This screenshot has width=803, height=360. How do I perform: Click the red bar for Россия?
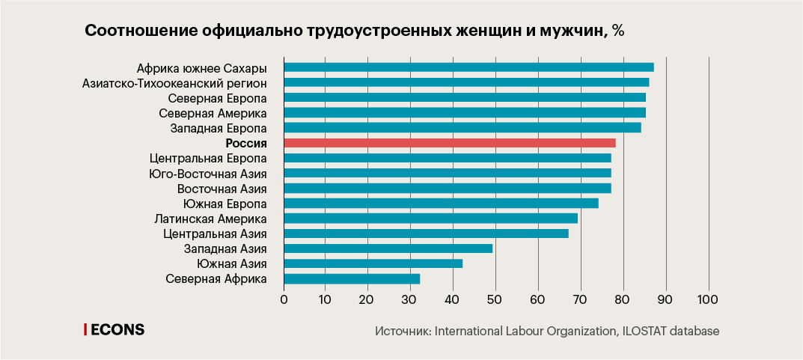(450, 143)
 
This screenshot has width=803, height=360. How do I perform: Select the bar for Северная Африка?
(352, 278)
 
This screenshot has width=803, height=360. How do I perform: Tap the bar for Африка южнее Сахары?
(469, 67)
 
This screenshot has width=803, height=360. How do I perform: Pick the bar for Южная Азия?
(373, 263)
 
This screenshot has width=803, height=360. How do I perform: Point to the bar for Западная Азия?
(388, 248)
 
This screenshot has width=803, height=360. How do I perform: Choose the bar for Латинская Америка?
(431, 218)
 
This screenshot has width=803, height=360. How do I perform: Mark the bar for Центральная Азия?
(426, 234)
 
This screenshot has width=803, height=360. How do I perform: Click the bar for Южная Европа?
(442, 204)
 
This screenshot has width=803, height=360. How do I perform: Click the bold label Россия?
(246, 143)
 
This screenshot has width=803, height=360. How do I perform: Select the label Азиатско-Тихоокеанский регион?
(174, 83)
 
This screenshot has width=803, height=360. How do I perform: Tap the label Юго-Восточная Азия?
(208, 173)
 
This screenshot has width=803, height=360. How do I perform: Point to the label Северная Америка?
(213, 113)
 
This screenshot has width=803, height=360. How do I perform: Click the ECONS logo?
(115, 330)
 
